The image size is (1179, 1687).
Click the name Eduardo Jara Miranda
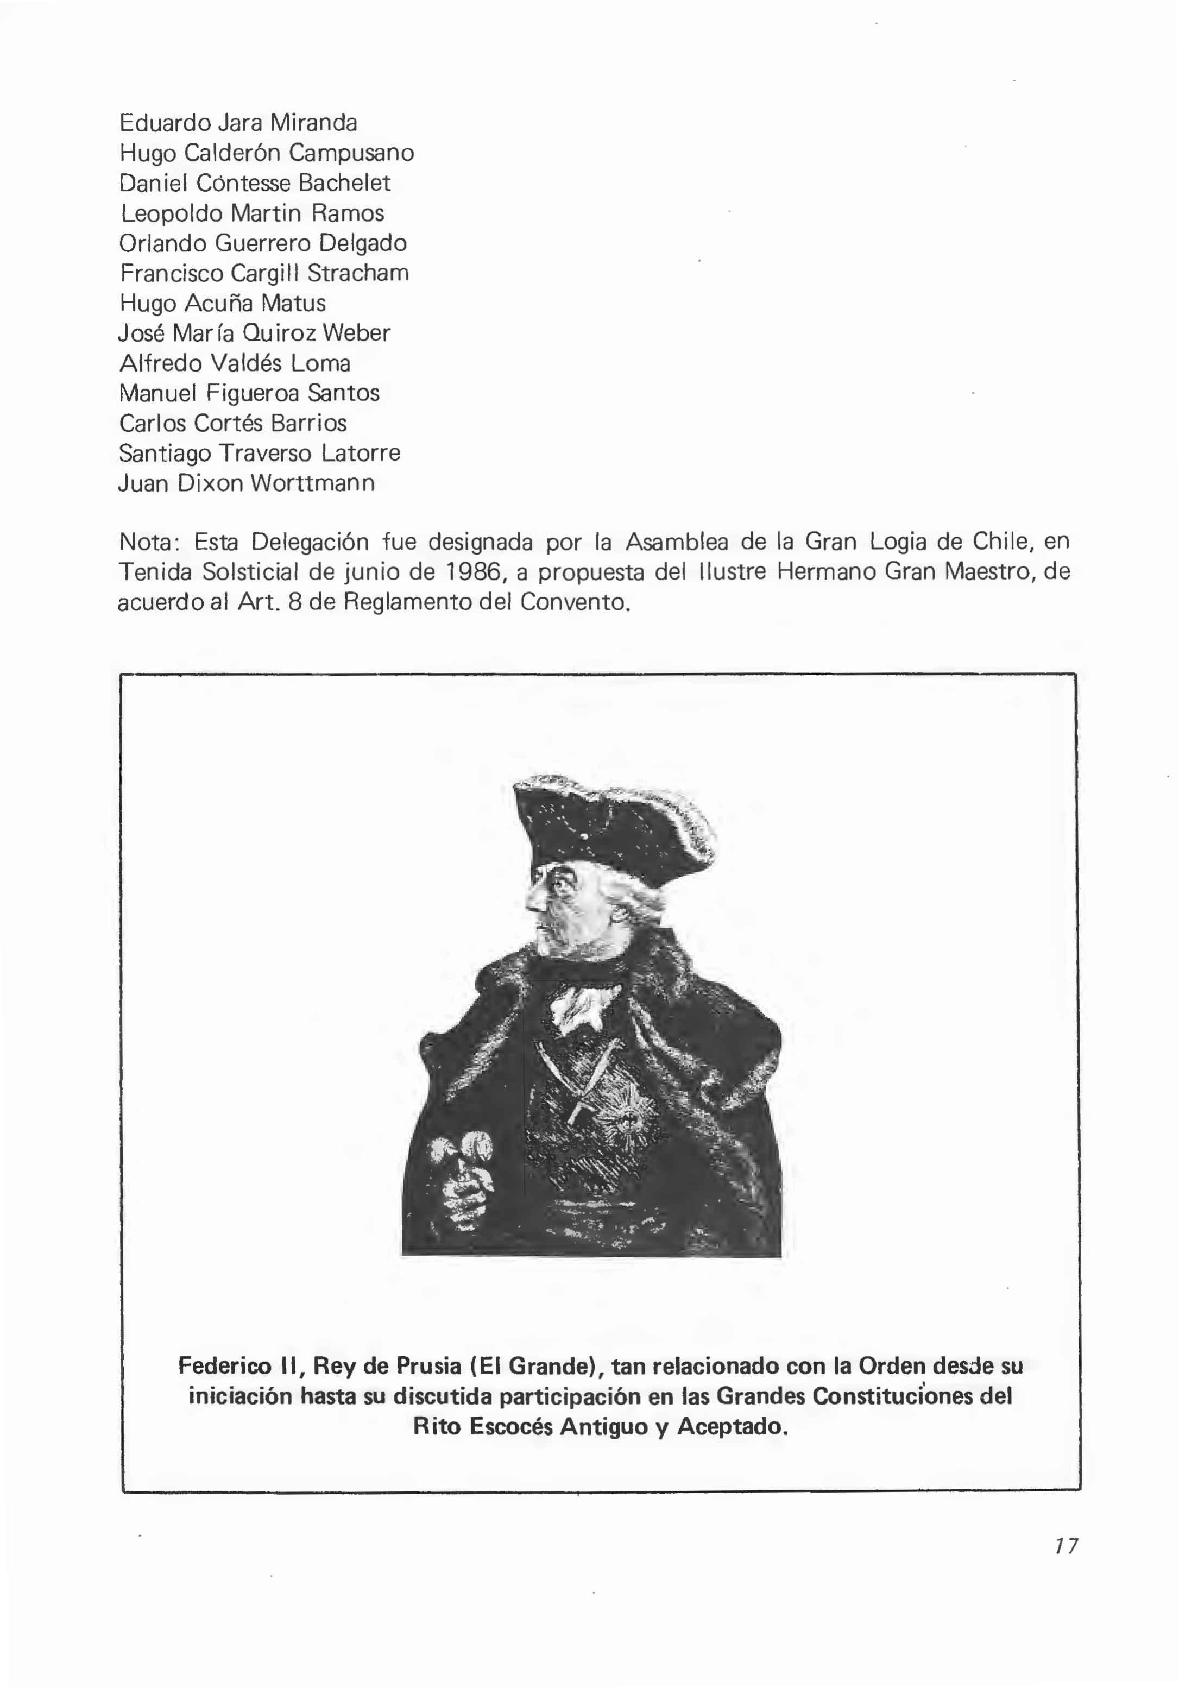coord(238,123)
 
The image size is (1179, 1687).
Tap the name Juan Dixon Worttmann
coord(246,483)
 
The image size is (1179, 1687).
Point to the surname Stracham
coord(358,273)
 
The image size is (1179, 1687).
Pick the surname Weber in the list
coord(356,333)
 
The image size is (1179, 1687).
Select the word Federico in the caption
coord(225,1366)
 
